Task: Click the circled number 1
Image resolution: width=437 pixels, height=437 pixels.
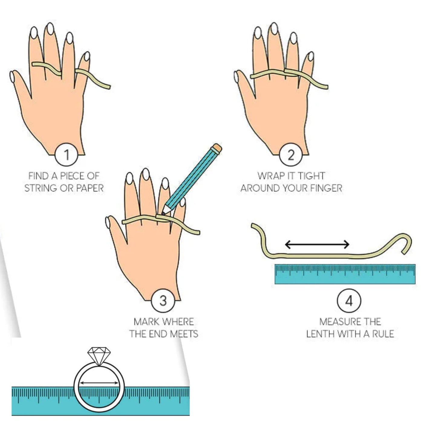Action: [67, 155]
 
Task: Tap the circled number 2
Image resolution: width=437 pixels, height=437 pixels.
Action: [291, 155]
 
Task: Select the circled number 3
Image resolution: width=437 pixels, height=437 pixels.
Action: [163, 301]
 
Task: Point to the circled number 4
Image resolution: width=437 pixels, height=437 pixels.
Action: [349, 301]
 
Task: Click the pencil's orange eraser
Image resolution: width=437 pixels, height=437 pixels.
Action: [217, 148]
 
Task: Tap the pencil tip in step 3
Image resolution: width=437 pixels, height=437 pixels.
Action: [164, 213]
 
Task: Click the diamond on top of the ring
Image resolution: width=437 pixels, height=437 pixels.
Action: [99, 356]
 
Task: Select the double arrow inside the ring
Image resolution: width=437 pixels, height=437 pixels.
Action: [99, 383]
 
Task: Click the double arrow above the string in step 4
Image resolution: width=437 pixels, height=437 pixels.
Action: [317, 244]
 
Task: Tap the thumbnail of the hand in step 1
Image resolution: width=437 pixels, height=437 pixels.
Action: [12, 77]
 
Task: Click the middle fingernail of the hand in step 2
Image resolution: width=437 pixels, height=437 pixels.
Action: [274, 29]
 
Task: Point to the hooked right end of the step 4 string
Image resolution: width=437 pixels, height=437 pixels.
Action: [407, 242]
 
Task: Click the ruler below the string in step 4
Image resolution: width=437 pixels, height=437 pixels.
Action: [345, 274]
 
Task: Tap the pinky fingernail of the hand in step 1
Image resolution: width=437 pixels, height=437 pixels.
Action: [87, 56]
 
